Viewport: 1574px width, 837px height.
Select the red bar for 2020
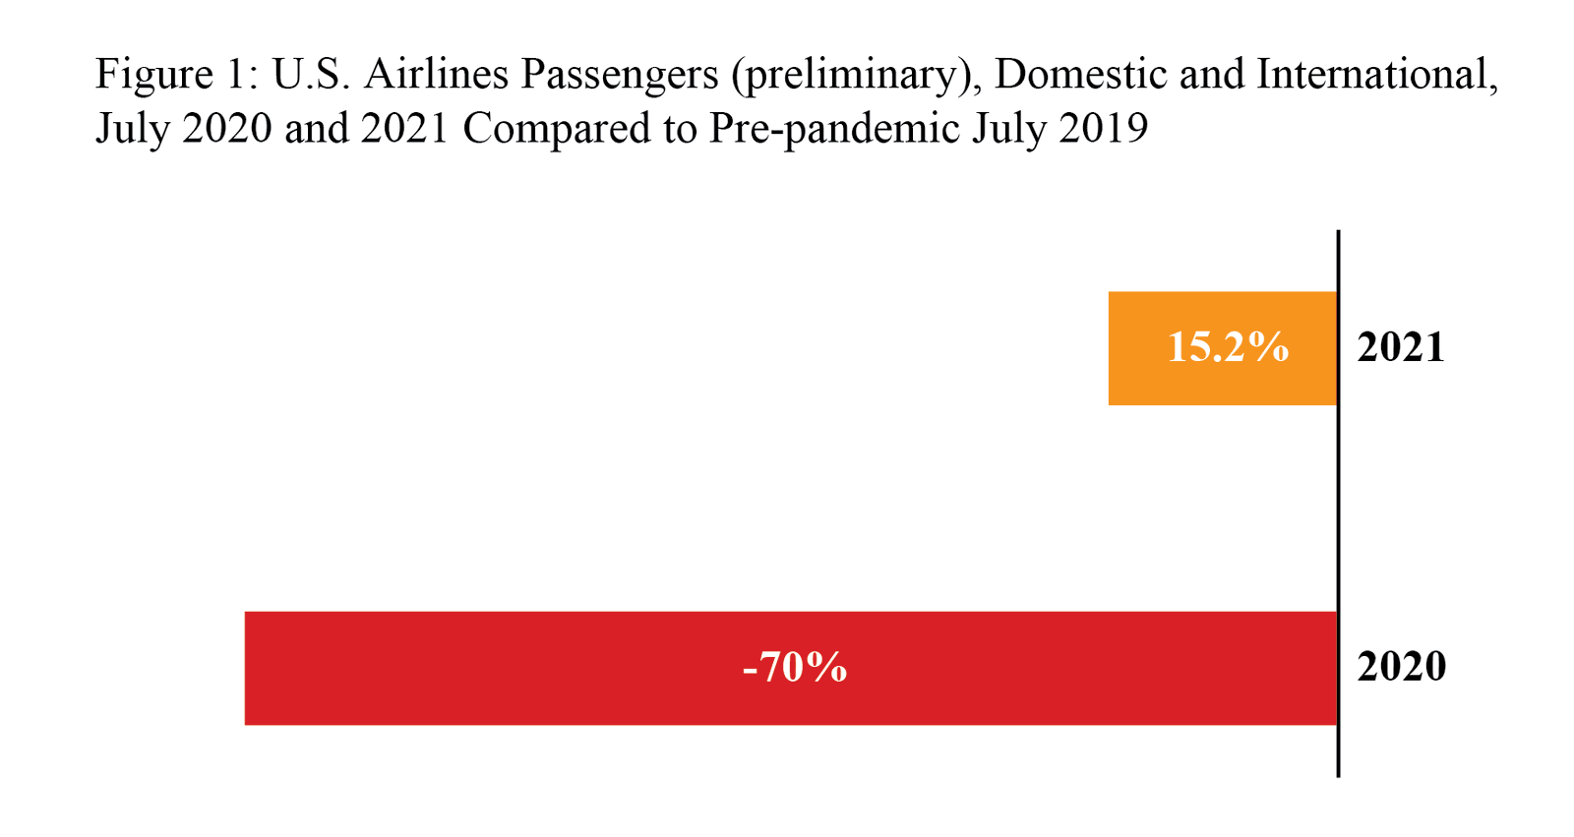tap(492, 669)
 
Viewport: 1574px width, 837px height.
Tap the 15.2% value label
tap(1228, 347)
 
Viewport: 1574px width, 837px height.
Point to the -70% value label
tap(795, 668)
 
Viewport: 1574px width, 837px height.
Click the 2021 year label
tap(1401, 347)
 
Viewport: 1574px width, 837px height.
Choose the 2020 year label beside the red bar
tap(1401, 667)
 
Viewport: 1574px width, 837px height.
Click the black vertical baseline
tap(1338, 511)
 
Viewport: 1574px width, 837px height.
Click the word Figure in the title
tap(153, 76)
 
